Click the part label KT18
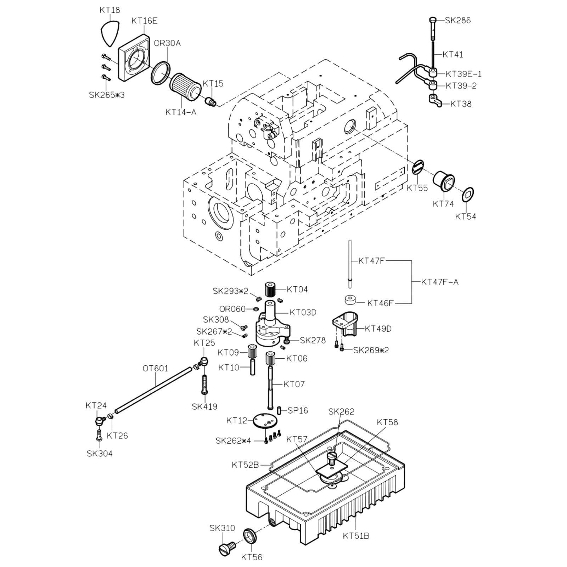click(x=110, y=10)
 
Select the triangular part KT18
click(x=110, y=34)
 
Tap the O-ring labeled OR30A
click(x=161, y=73)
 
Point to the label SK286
click(x=458, y=20)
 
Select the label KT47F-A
click(x=440, y=282)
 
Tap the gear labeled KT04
click(x=270, y=290)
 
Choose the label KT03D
click(x=303, y=312)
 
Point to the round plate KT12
click(x=264, y=421)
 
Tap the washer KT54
click(x=468, y=195)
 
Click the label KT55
click(x=417, y=188)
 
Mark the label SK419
click(x=204, y=406)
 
